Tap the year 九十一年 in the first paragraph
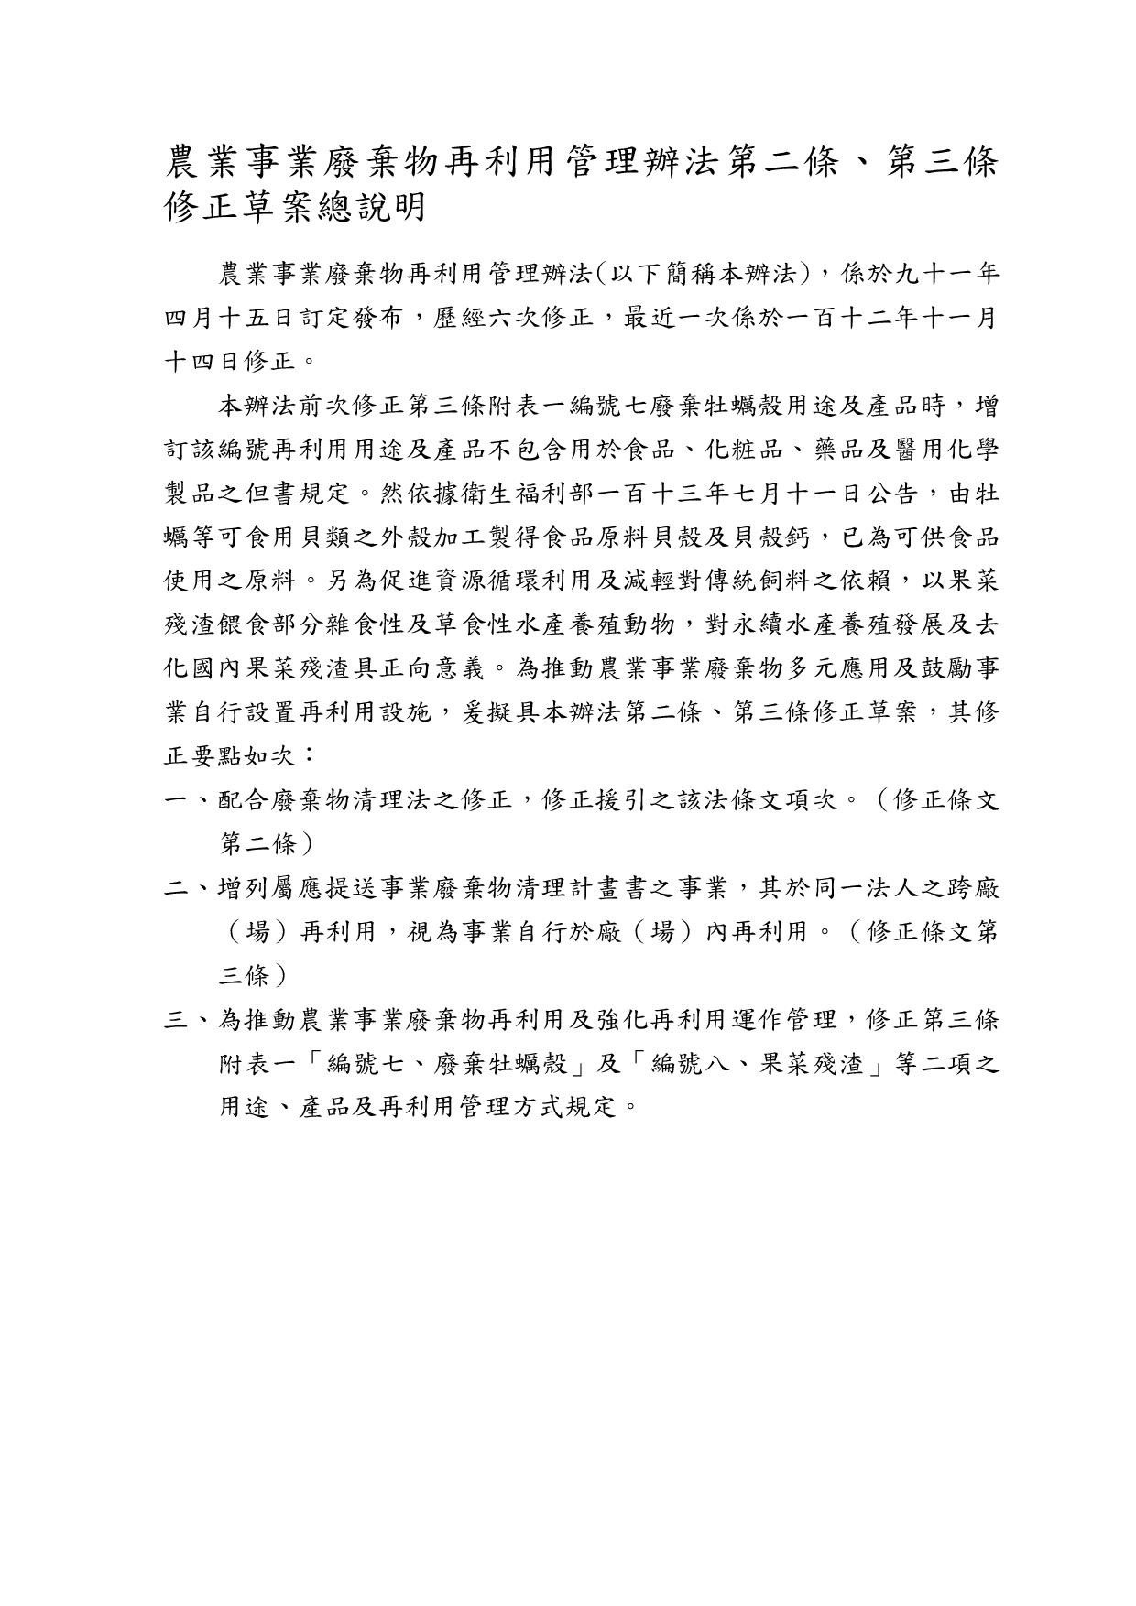(x=944, y=273)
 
